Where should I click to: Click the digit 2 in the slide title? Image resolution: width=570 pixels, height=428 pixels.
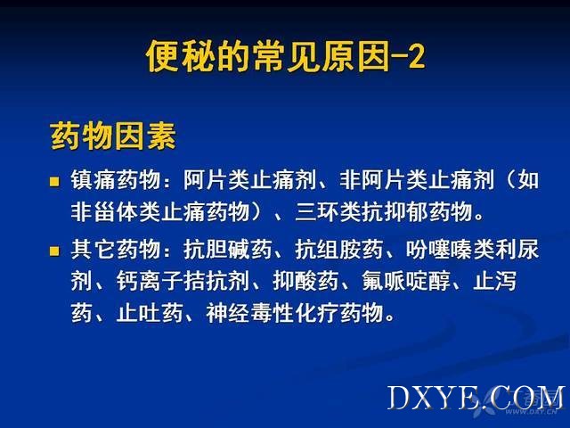(416, 56)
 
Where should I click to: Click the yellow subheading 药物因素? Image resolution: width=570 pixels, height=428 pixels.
(113, 136)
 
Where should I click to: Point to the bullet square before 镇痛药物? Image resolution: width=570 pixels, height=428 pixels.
(54, 182)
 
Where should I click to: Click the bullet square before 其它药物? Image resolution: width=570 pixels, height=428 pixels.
(54, 251)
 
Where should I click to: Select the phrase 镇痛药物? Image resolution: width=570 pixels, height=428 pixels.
(116, 180)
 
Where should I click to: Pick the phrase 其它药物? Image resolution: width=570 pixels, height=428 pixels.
(116, 250)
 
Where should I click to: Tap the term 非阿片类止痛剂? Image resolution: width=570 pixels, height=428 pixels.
(417, 180)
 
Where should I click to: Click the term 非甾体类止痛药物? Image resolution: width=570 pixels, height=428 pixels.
(160, 211)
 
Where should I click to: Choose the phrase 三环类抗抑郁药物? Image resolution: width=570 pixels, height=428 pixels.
(384, 211)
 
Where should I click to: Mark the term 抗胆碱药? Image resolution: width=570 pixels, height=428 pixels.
(228, 250)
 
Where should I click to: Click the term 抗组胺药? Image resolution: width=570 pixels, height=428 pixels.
(339, 250)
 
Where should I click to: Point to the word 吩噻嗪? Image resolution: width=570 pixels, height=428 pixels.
(439, 250)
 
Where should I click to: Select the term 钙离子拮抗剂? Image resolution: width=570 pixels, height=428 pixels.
(183, 281)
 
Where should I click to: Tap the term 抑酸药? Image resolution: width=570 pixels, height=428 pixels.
(305, 281)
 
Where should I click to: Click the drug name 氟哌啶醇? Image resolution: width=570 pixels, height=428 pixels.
(406, 281)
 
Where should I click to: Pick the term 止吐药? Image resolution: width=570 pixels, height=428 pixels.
(150, 312)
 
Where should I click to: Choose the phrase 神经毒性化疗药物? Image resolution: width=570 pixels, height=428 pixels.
(295, 312)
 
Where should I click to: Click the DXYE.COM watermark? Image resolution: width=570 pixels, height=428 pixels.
(476, 398)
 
